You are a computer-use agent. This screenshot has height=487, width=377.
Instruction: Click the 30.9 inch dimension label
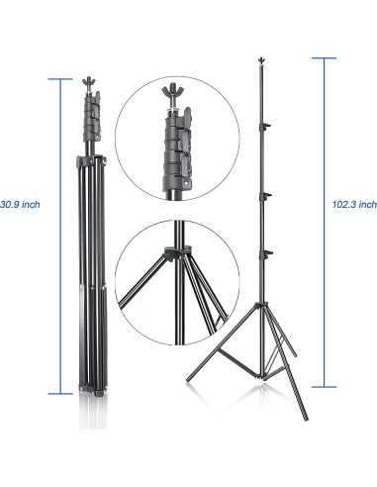pos(20,205)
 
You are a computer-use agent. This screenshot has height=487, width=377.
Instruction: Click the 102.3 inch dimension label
pos(354,205)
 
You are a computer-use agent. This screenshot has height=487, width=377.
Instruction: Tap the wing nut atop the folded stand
pos(88,81)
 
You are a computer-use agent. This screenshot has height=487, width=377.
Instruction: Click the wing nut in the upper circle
pos(171,89)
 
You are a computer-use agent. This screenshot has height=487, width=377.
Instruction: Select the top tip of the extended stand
pos(261,58)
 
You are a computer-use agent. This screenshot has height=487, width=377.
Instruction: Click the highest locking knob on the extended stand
pos(265,126)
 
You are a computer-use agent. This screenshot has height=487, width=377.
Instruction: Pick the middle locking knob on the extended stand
pos(265,196)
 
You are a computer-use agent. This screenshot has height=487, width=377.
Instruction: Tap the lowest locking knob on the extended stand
pos(266,253)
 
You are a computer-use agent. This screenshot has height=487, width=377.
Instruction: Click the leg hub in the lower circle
pos(177,252)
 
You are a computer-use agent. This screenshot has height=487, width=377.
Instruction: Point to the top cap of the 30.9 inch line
pos(60,79)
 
